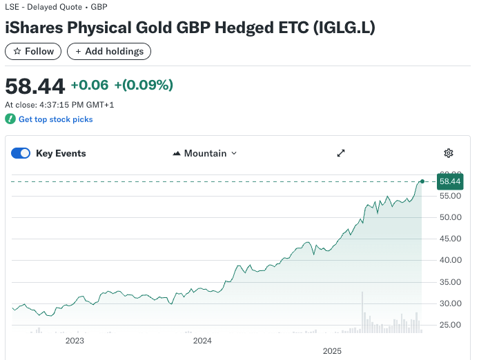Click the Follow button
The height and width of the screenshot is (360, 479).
coord(33,51)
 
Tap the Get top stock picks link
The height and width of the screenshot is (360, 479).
coord(55,119)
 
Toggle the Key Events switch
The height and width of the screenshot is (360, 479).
coord(21,153)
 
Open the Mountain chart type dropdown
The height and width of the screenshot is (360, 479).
coord(204,153)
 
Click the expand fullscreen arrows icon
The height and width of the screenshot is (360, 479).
coord(340,153)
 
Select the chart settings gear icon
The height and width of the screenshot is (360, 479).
coord(449,153)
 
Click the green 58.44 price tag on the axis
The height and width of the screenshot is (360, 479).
coord(449,181)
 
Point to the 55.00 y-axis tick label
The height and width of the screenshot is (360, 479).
coord(449,196)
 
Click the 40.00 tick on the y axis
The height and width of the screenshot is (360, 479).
coord(449,260)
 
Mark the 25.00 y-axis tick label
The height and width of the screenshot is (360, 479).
coord(449,324)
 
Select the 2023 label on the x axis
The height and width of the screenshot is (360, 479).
coord(75,341)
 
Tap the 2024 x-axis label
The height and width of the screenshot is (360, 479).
coord(202,341)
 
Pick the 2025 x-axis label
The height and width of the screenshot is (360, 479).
coord(332,351)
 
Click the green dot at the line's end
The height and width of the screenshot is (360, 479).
coord(422,181)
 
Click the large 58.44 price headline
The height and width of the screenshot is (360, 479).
coord(35,86)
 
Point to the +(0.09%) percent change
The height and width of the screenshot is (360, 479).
coord(144,85)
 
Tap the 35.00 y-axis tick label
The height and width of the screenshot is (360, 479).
coord(449,281)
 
